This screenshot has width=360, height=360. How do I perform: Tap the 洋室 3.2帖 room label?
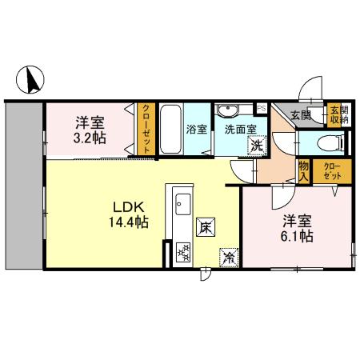coord(88,130)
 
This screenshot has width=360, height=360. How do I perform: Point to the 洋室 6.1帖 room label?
coord(295,229)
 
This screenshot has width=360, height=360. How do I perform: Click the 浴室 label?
coord(197,127)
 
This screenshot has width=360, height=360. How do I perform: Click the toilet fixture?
coord(330,143)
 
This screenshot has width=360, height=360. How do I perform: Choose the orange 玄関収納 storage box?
coord(338,114)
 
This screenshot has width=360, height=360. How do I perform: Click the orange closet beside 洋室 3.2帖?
coord(146,128)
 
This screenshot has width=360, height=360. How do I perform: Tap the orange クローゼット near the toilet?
coord(330,170)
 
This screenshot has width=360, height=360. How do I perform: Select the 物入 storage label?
coord(303,170)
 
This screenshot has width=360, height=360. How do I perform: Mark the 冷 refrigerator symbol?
coord(228,257)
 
